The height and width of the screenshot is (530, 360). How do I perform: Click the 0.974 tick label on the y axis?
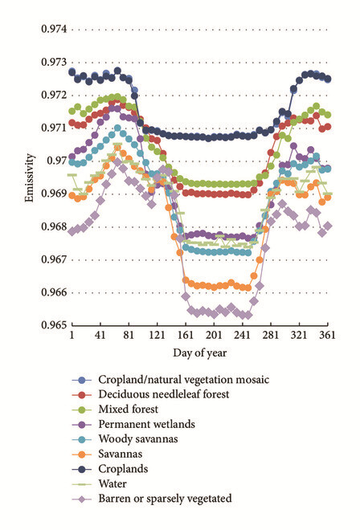[x=54, y=29]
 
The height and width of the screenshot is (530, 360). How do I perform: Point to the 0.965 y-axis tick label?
[x=54, y=325]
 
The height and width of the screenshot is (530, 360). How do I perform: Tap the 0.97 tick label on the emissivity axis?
[x=56, y=161]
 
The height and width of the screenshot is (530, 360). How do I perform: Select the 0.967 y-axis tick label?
[x=54, y=259]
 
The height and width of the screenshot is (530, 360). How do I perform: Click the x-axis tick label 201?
[x=214, y=335]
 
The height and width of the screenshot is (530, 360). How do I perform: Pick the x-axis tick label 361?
[x=327, y=335]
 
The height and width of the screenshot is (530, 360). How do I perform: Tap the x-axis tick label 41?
[x=100, y=335]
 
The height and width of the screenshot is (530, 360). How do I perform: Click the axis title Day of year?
[x=199, y=353]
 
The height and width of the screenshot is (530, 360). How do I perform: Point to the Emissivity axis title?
[x=29, y=177]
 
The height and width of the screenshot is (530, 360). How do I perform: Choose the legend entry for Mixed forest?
[x=129, y=410]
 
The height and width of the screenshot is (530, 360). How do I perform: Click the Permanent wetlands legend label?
[x=146, y=424]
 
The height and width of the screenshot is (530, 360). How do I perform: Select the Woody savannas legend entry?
[x=138, y=439]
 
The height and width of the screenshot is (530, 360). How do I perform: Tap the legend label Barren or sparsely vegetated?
[x=165, y=499]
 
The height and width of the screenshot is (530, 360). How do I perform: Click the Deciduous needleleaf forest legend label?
[x=164, y=394]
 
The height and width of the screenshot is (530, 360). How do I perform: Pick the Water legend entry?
[x=112, y=483]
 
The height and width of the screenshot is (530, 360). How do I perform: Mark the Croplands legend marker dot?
[x=81, y=469]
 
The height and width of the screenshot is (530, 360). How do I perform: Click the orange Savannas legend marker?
[x=81, y=455]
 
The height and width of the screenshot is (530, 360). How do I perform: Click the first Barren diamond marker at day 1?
[x=72, y=231]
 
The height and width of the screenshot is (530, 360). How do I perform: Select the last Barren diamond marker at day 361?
[x=327, y=226]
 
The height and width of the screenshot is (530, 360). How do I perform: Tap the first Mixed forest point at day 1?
[x=72, y=111]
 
